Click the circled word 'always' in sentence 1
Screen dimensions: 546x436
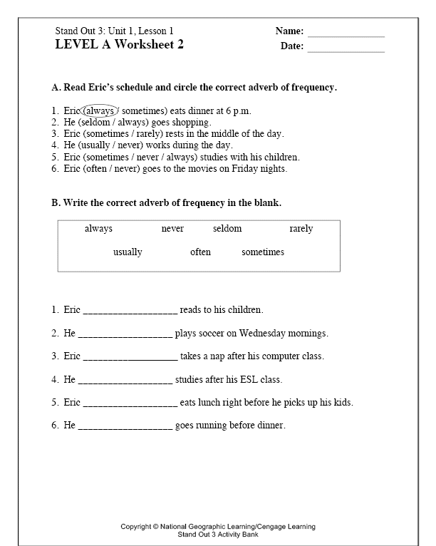coord(99,111)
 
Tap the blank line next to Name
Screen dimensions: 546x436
coord(346,35)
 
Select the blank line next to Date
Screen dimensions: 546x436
coord(346,51)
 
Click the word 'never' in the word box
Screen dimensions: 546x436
coord(172,229)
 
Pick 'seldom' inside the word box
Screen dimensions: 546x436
coord(227,229)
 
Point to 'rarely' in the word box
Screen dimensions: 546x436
coord(301,229)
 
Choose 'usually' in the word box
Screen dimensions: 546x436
coord(128,252)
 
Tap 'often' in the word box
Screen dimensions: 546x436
coord(200,252)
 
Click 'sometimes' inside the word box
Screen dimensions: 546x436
coord(263,252)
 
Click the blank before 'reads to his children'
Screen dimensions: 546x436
coord(130,311)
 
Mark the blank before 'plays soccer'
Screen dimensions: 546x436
coord(125,334)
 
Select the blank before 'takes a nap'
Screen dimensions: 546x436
coord(130,357)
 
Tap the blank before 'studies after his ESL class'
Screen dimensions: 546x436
coord(125,381)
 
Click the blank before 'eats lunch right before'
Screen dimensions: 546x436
coord(130,403)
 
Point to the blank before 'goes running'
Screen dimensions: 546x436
coord(125,426)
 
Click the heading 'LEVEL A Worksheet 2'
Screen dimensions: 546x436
coord(119,44)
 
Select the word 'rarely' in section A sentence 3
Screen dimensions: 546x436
coord(150,134)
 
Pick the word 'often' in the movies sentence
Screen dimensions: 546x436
coord(95,169)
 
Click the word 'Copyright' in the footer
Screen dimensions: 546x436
coord(135,527)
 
